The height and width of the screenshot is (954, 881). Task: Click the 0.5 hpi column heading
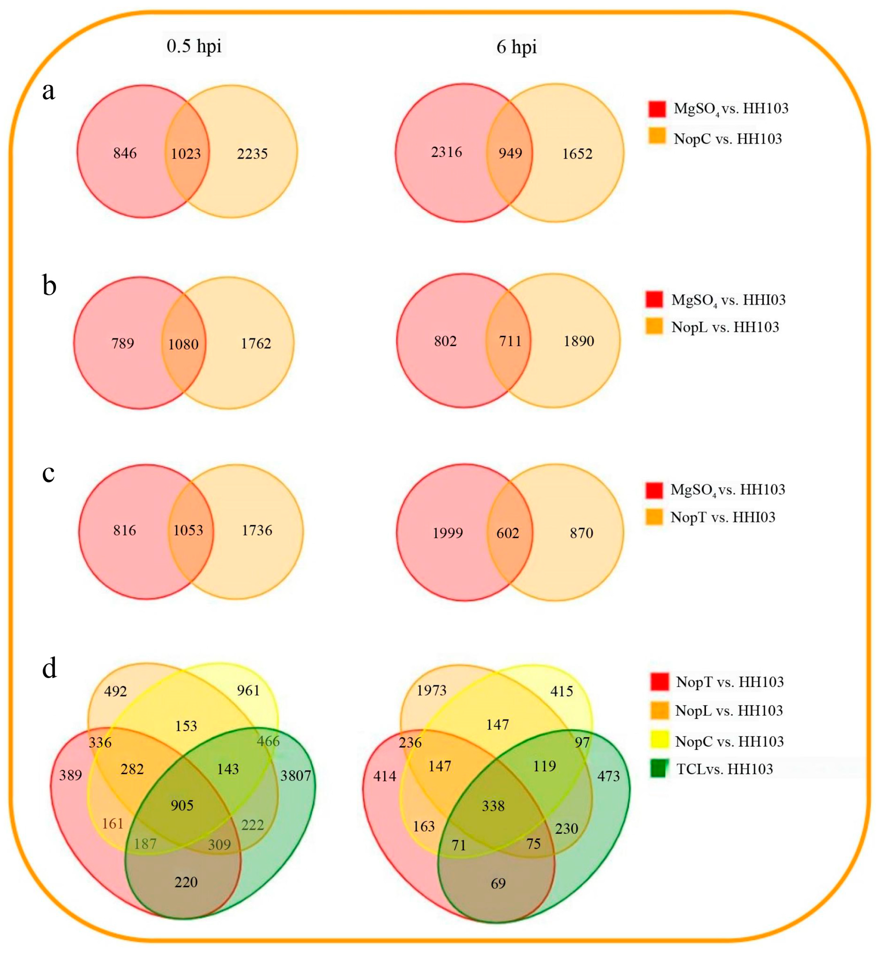coord(194,46)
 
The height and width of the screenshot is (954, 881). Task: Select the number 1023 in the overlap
coord(186,154)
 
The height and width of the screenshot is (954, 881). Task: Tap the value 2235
coord(252,154)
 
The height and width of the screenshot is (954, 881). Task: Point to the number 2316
coord(446,152)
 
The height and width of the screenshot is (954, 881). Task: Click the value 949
coord(510,153)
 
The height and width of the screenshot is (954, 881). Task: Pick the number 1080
coord(183,344)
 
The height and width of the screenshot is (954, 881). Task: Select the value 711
coord(510,341)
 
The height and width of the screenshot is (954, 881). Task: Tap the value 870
coord(581,533)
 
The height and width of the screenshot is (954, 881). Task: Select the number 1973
coord(431,690)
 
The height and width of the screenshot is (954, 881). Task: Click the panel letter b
coord(49,286)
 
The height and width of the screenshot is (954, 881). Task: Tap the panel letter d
coord(49,668)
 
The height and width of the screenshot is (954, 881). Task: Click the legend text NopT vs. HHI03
coord(723,517)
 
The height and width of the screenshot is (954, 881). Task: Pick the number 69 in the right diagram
coord(498,884)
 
